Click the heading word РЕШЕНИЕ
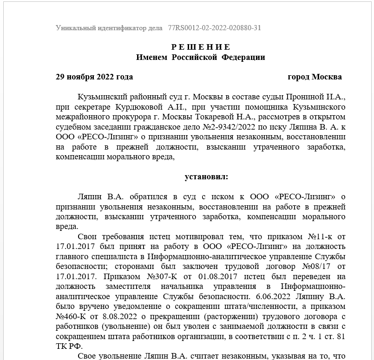tap(201, 47)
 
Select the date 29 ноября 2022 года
tap(94, 77)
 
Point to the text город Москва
tap(315, 77)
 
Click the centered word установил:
tap(207, 177)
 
